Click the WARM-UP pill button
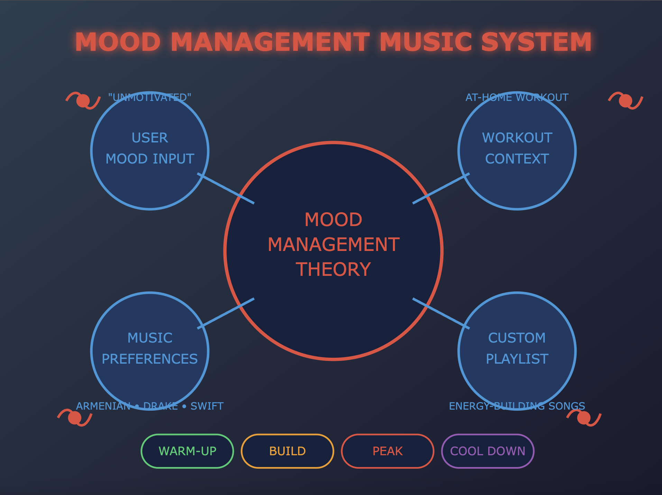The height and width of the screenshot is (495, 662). [187, 451]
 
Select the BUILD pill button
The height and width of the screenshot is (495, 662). [287, 451]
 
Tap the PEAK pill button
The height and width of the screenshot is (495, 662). [387, 451]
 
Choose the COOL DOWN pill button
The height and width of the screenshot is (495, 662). [487, 451]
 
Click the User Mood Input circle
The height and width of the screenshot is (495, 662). [150, 149]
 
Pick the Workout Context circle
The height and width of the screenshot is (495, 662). [517, 149]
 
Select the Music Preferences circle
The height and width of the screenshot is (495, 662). [150, 349]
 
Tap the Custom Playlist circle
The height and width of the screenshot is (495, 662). [517, 349]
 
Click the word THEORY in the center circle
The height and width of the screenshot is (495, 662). [333, 269]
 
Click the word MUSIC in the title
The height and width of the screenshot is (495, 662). [426, 42]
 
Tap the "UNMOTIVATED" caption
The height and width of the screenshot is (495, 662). [150, 97]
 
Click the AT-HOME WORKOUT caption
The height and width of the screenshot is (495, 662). [517, 97]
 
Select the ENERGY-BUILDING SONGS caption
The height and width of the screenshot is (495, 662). [517, 406]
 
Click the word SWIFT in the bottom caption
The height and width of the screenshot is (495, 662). [207, 406]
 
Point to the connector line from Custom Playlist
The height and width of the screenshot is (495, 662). [441, 313]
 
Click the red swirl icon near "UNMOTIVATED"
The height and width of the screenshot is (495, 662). [83, 101]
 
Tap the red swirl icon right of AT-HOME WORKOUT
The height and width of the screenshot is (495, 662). [625, 101]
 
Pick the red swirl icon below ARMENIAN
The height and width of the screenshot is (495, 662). [75, 418]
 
